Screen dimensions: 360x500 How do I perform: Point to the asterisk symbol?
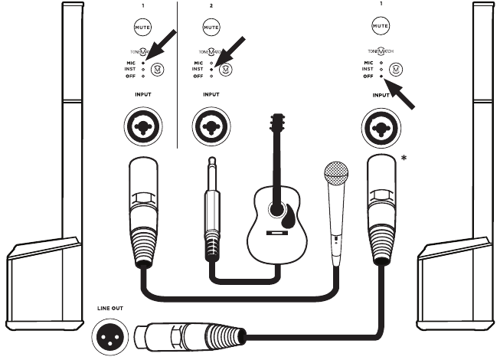(404, 159)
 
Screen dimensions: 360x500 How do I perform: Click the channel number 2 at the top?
(211, 6)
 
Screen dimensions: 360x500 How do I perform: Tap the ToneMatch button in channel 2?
(224, 69)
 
